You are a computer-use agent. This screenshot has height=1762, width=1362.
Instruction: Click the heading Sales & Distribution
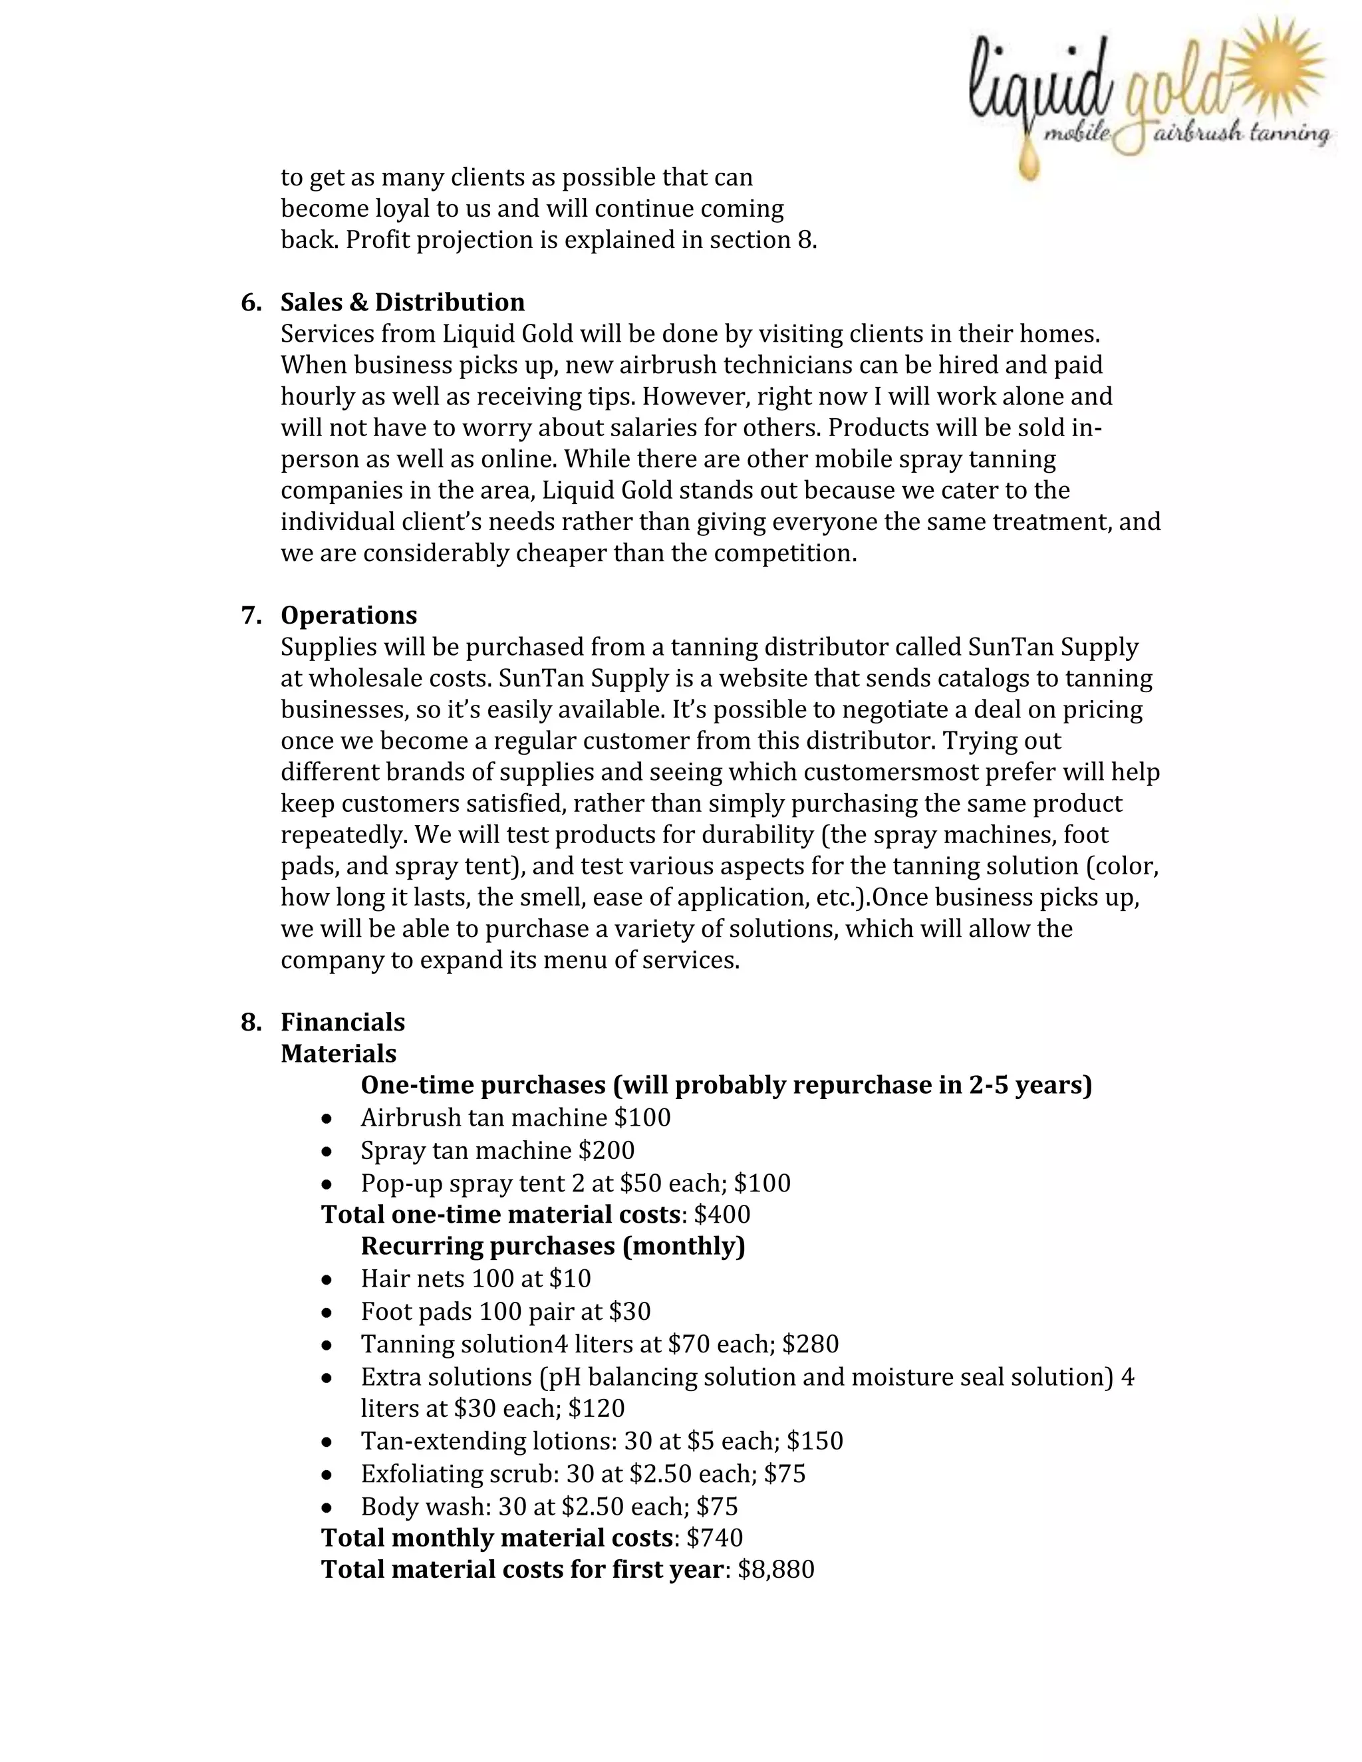point(402,302)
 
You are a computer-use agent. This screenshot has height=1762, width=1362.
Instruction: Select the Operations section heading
point(348,615)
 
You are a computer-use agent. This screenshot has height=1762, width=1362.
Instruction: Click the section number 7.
point(250,615)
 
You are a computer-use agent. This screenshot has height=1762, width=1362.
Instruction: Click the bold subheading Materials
point(338,1054)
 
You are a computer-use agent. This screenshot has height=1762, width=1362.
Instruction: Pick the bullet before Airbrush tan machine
point(326,1119)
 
